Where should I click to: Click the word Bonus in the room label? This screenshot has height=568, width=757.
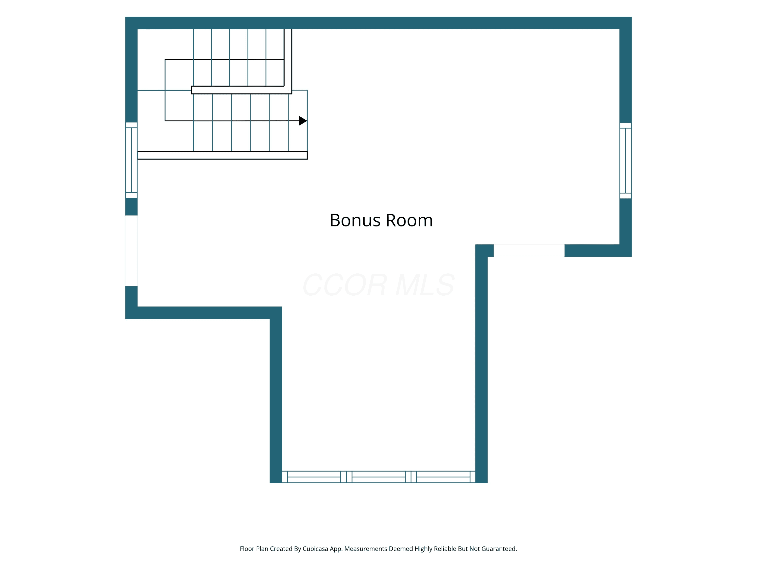[355, 220]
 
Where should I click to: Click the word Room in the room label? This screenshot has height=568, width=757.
[409, 220]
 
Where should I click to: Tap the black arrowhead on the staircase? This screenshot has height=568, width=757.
[303, 121]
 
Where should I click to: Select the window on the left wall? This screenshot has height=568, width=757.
[131, 160]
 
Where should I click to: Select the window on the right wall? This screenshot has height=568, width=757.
[625, 161]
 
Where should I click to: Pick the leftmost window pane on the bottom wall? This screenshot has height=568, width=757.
[314, 477]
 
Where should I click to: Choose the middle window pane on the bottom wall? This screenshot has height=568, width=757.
[379, 477]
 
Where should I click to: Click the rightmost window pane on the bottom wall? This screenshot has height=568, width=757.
[443, 477]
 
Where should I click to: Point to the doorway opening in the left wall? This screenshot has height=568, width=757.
[131, 251]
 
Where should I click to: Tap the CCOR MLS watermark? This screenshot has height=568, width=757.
[379, 285]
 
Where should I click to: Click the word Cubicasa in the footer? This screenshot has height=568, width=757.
[315, 549]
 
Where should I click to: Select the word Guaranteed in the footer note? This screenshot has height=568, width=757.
[499, 549]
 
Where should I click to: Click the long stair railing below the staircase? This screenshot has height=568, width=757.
[223, 155]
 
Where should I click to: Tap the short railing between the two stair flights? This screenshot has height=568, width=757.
[242, 90]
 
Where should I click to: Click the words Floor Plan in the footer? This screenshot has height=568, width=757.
[254, 549]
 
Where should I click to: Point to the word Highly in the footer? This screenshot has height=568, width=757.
[423, 549]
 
